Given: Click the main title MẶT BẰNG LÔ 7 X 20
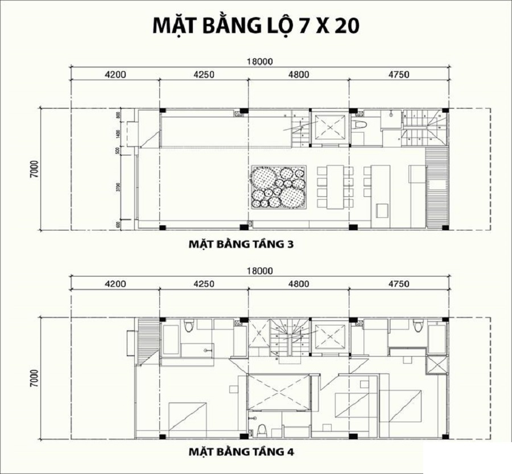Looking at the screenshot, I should (x=255, y=26).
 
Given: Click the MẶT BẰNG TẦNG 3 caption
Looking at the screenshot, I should (x=241, y=245).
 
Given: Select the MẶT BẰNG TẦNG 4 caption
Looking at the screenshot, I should (x=241, y=452).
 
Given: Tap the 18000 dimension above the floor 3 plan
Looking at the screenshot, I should (x=261, y=62).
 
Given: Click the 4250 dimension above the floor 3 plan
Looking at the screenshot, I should (x=204, y=75).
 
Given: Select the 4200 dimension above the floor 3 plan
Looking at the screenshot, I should (x=115, y=75).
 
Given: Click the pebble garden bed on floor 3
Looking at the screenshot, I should (x=279, y=187).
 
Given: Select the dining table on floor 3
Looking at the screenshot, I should (x=335, y=186).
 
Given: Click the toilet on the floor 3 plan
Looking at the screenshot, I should (x=360, y=124).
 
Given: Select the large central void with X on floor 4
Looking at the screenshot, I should (x=279, y=392).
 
